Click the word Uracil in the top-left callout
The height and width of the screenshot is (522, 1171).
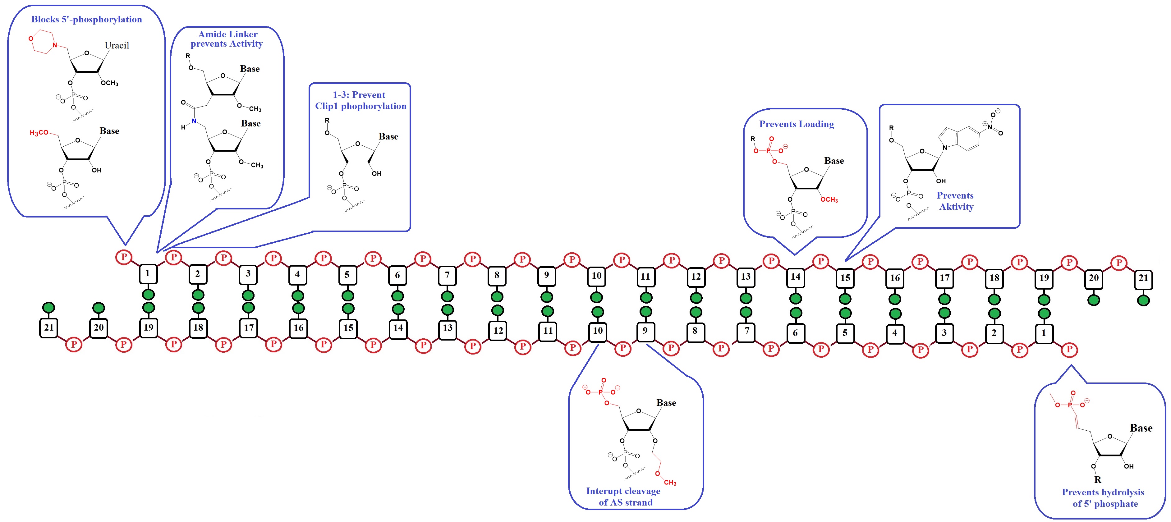pyautogui.click(x=117, y=45)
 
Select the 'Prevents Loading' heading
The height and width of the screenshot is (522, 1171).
pyautogui.click(x=797, y=124)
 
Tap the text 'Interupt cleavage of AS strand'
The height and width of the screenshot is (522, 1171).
pyautogui.click(x=624, y=497)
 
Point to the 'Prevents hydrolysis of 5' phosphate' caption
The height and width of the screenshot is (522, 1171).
pyautogui.click(x=1103, y=498)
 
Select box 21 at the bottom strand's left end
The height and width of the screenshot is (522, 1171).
pyautogui.click(x=49, y=327)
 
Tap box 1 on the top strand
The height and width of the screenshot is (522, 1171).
pyautogui.click(x=147, y=273)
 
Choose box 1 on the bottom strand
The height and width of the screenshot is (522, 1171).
pyautogui.click(x=1044, y=333)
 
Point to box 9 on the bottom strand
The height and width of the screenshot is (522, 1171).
pyautogui.click(x=645, y=331)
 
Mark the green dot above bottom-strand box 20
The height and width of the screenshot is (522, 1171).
pyautogui.click(x=99, y=308)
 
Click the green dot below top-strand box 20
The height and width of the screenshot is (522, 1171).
pyautogui.click(x=1093, y=300)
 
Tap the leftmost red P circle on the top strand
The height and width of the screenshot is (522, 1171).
pyautogui.click(x=124, y=257)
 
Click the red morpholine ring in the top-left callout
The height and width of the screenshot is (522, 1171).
pyautogui.click(x=42, y=42)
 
